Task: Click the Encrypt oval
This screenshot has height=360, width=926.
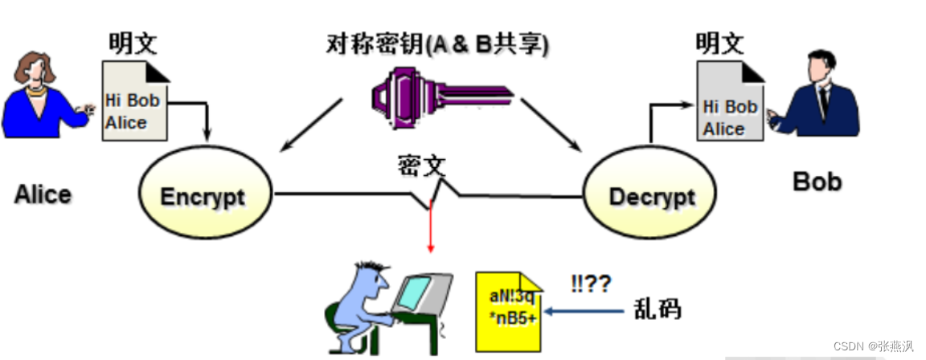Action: pos(202,195)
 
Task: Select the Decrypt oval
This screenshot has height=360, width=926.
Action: pos(651,195)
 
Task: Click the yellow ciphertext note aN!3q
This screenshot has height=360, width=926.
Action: pos(509,309)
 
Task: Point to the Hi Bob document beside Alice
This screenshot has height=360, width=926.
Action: pos(135,103)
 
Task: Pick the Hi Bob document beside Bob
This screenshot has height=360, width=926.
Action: pos(730,106)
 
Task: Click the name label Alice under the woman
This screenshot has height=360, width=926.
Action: pos(43,194)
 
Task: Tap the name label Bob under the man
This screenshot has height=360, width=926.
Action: pos(817,182)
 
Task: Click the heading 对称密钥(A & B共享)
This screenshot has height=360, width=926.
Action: pos(438,43)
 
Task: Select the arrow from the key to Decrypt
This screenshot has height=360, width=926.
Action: pos(551,125)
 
